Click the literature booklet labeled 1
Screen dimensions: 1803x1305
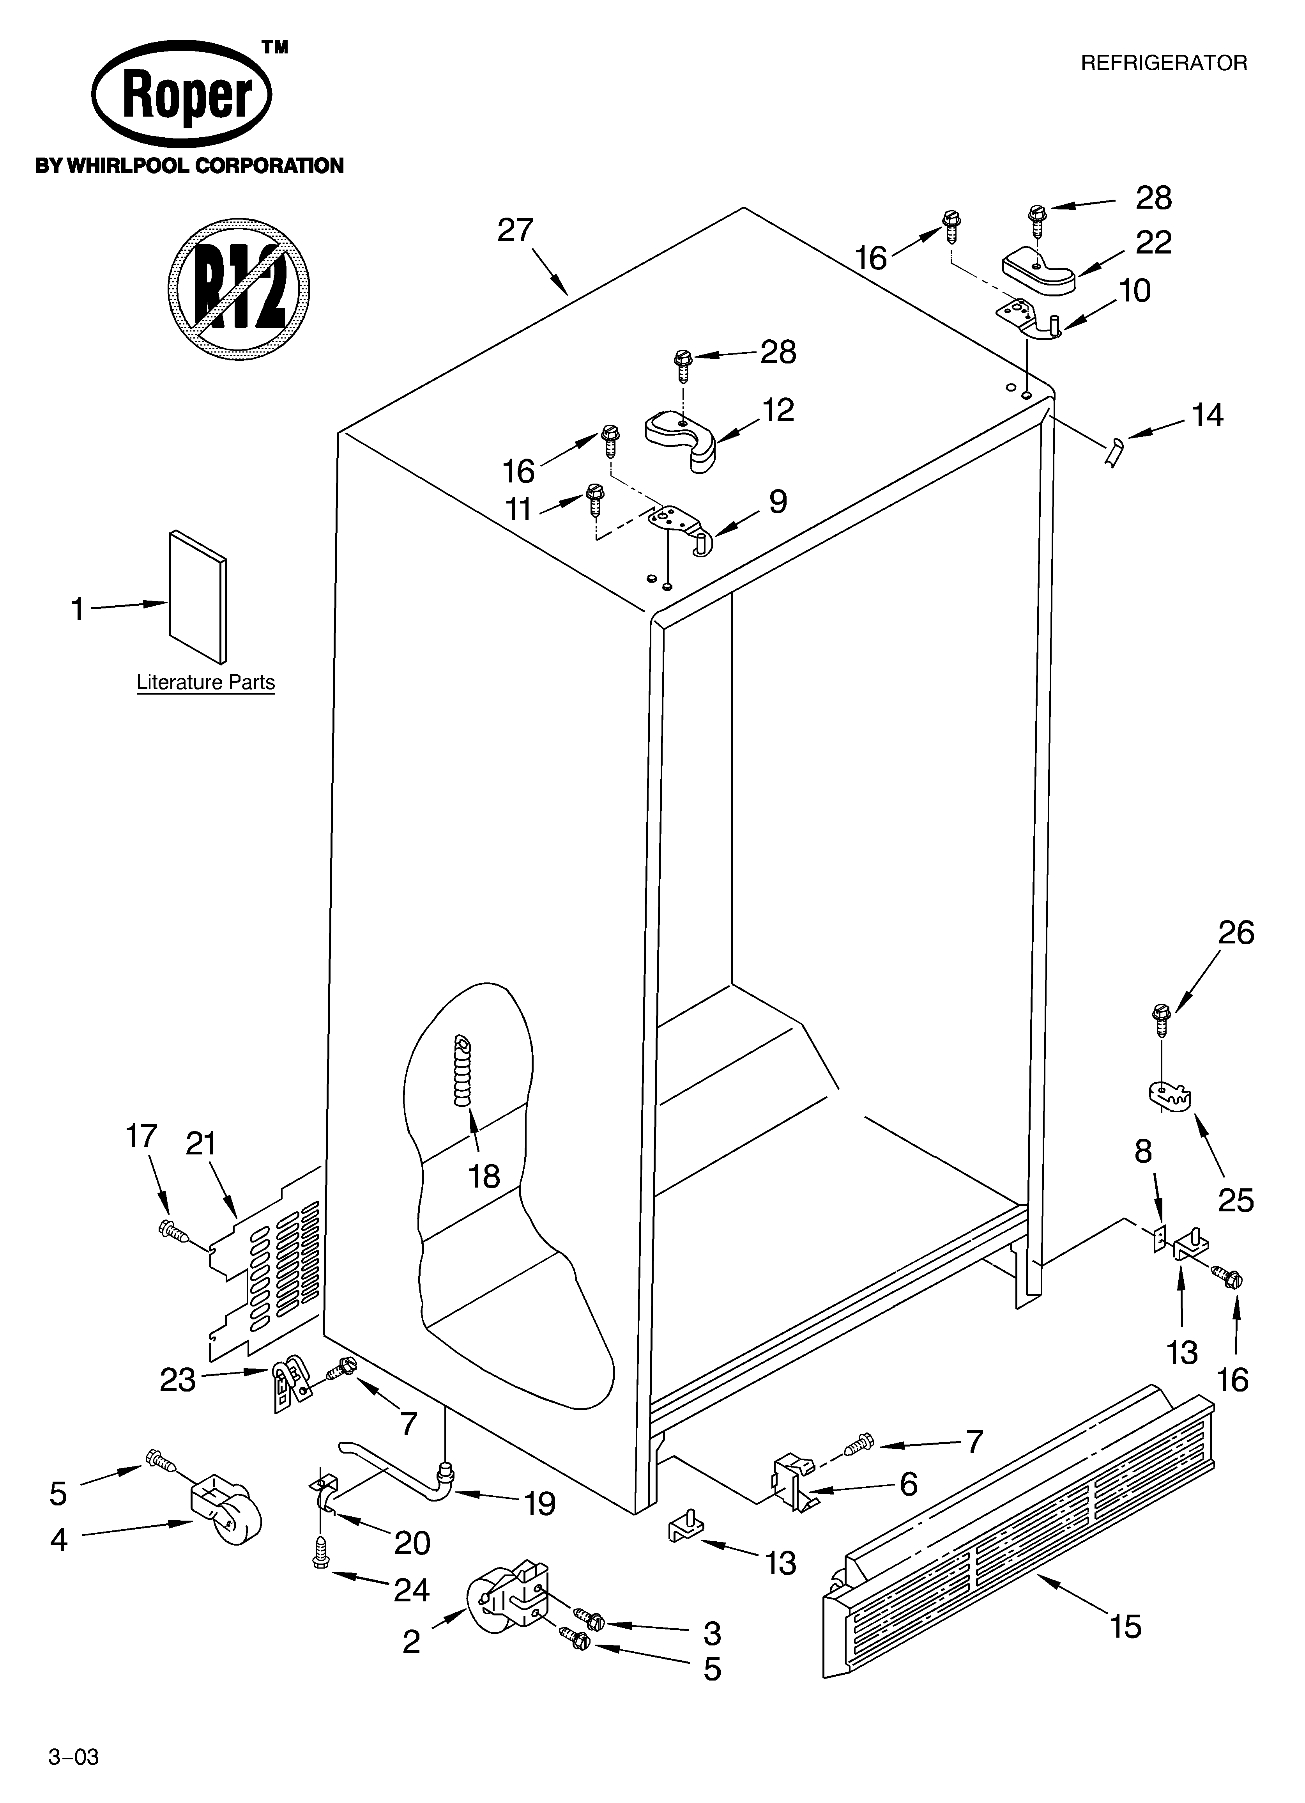(x=197, y=596)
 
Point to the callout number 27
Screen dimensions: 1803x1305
(x=515, y=230)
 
